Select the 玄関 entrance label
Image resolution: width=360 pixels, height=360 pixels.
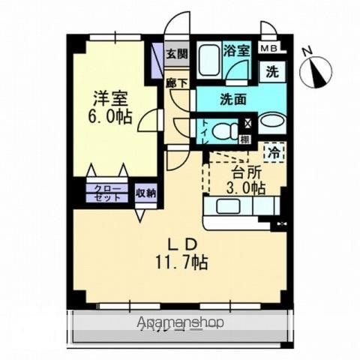177,55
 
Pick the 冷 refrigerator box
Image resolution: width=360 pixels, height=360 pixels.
274,151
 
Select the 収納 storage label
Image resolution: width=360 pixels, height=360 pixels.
145,193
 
